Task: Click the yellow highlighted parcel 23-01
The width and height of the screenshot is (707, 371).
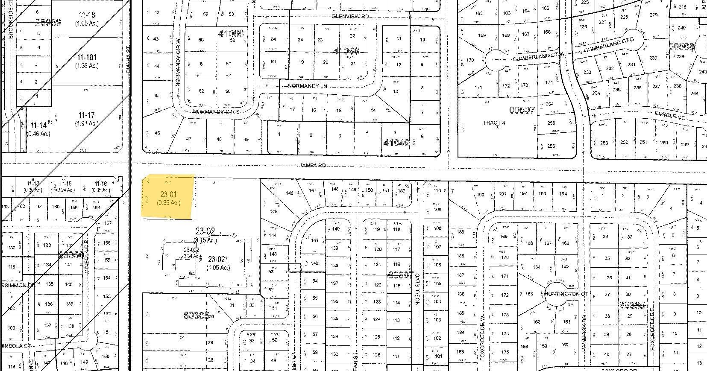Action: click(169, 197)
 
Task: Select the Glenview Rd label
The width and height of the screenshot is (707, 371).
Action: click(350, 16)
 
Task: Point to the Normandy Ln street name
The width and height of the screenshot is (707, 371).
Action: click(304, 86)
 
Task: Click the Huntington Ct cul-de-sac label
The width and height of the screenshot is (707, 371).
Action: click(566, 294)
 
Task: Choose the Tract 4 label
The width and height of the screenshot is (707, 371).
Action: click(494, 123)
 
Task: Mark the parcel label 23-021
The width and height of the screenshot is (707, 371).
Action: click(218, 259)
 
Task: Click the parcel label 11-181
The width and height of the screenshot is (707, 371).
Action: click(87, 58)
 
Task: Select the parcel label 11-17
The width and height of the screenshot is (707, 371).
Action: click(87, 115)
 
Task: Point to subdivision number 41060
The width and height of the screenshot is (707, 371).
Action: click(231, 33)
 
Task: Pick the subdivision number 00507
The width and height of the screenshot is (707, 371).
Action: click(522, 110)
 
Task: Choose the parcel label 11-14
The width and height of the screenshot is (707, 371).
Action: click(38, 126)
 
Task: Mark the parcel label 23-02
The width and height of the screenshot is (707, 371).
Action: click(205, 231)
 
